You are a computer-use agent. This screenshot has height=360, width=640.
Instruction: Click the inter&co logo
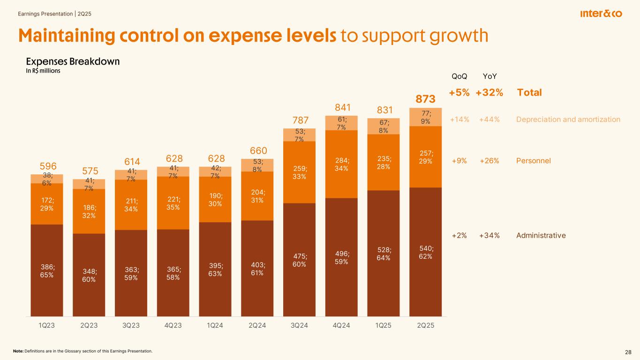[x=601, y=14]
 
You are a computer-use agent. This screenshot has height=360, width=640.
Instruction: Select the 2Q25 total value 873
[x=425, y=99]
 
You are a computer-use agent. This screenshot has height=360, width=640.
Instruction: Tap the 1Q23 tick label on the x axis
[x=46, y=326]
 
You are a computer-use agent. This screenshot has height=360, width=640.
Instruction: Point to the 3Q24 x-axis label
[x=299, y=326]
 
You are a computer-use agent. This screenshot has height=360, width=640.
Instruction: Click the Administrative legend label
[x=541, y=235]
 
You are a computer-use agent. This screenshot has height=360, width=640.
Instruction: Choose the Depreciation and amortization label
[x=568, y=120]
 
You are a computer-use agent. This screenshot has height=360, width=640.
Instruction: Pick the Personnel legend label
[x=533, y=161]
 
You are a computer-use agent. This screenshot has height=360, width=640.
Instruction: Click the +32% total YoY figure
[x=489, y=92]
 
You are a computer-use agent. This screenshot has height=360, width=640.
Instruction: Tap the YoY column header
[x=489, y=76]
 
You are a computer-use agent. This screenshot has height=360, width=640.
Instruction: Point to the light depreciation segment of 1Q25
[x=384, y=126]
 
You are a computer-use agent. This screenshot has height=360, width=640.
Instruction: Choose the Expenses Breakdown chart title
[x=73, y=62]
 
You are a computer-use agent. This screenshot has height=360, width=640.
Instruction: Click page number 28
[x=628, y=352]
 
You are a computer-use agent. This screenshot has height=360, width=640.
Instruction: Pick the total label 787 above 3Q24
[x=299, y=120]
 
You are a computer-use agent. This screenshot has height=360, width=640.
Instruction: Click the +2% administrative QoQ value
[x=459, y=235]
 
